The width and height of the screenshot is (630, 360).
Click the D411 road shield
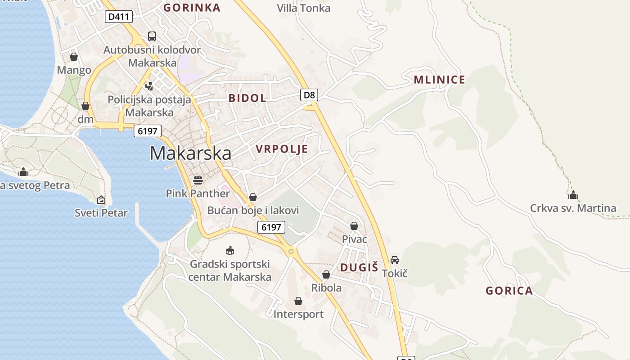(119, 17)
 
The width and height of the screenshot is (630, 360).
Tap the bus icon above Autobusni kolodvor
(152, 36)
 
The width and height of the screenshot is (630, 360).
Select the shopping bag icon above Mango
(74, 57)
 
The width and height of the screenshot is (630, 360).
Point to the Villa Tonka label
(303, 8)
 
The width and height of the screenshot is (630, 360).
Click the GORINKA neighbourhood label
(192, 8)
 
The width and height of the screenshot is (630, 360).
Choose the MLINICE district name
(439, 80)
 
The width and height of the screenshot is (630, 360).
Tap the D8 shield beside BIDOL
(309, 95)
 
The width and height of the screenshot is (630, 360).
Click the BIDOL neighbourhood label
(247, 98)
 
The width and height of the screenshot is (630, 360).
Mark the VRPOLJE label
(282, 149)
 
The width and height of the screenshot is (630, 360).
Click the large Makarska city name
(190, 153)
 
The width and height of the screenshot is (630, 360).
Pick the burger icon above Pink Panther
(198, 180)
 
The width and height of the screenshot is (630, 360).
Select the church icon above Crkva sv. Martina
(573, 195)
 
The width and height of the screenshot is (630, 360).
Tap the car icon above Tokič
(395, 260)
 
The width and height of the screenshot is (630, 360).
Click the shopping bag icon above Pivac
(354, 226)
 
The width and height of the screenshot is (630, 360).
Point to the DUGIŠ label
(359, 267)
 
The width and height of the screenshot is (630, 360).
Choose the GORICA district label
(509, 291)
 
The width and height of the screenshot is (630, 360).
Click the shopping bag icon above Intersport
(298, 301)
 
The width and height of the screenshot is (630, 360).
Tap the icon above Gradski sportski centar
(230, 250)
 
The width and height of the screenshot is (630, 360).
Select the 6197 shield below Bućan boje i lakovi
(271, 227)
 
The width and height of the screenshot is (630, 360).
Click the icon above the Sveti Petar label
(101, 199)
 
